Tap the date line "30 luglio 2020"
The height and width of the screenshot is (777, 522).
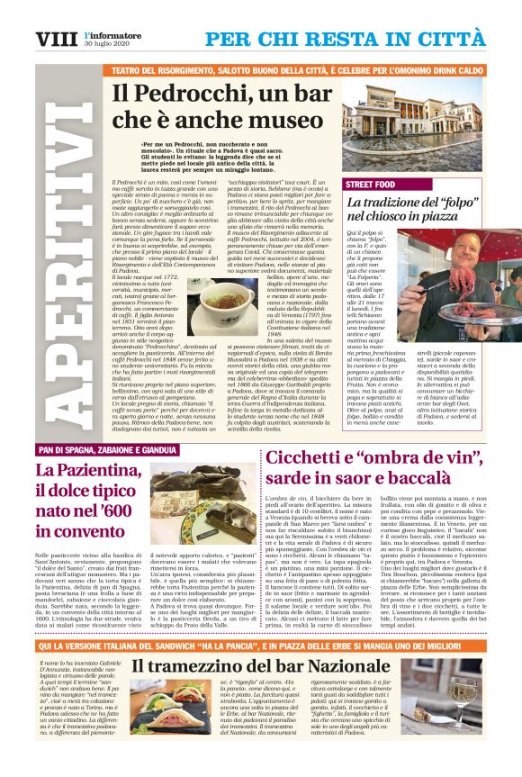(x=107, y=44)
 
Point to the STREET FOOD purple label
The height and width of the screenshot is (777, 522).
(x=371, y=184)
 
